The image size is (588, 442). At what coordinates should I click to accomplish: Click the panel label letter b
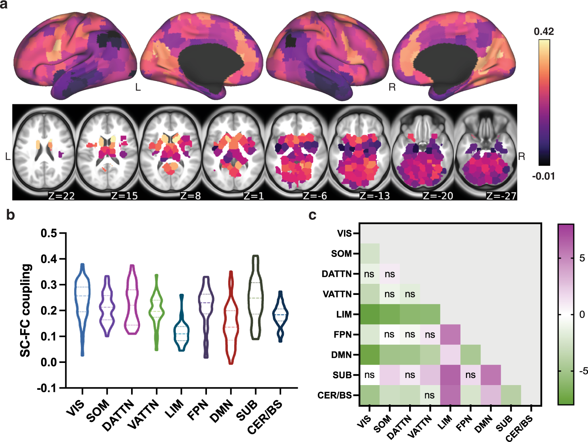pyautogui.click(x=11, y=215)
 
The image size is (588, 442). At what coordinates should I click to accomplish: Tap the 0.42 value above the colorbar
pyautogui.click(x=544, y=32)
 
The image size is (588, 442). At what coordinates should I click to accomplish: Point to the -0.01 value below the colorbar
pyautogui.click(x=543, y=176)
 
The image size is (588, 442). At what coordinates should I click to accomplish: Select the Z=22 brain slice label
pyautogui.click(x=61, y=195)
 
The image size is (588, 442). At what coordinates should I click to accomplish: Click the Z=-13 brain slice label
pyautogui.click(x=374, y=195)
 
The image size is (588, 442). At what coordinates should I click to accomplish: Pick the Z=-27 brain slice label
pyautogui.click(x=501, y=195)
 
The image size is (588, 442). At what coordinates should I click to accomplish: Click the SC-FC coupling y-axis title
pyautogui.click(x=26, y=310)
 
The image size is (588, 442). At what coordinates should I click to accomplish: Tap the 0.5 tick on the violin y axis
pyautogui.click(x=49, y=233)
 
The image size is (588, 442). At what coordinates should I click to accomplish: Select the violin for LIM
pyautogui.click(x=182, y=328)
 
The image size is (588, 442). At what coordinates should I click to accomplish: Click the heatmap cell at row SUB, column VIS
pyautogui.click(x=369, y=375)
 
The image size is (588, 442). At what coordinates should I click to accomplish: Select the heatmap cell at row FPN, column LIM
pyautogui.click(x=450, y=334)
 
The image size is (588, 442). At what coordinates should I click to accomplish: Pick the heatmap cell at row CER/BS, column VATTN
pyautogui.click(x=430, y=395)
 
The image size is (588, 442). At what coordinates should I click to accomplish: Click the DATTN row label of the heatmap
pyautogui.click(x=336, y=274)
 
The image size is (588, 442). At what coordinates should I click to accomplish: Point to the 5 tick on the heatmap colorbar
pyautogui.click(x=582, y=259)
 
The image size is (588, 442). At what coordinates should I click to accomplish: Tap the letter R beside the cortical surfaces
pyautogui.click(x=392, y=87)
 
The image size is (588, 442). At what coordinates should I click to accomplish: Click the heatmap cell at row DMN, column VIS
pyautogui.click(x=369, y=355)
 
